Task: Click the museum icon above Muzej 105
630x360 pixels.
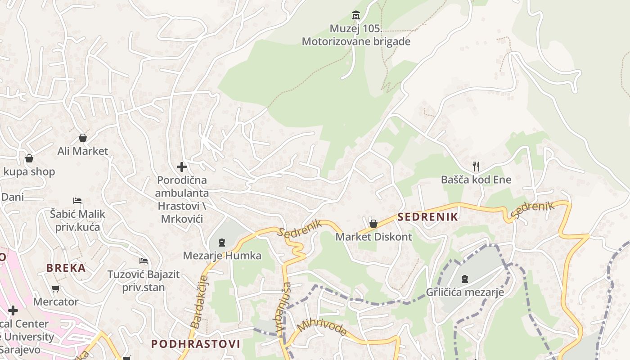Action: tap(356, 15)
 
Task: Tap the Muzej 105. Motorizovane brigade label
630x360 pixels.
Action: tap(356, 35)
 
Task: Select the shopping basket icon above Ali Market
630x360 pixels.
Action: tap(83, 138)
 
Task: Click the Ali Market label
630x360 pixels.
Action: tap(83, 151)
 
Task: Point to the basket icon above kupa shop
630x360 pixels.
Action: tap(29, 158)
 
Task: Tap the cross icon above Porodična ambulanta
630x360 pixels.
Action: tap(182, 167)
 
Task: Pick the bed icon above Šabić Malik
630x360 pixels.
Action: tap(77, 201)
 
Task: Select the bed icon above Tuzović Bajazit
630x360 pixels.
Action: tap(144, 261)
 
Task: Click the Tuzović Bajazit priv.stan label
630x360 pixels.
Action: tap(144, 280)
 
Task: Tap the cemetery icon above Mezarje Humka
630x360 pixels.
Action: tap(221, 243)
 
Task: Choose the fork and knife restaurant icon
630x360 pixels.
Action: tap(476, 166)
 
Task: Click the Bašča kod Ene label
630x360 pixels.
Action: tap(476, 180)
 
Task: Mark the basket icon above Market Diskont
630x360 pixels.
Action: tap(373, 224)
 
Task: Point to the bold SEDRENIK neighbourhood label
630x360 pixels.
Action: tap(427, 217)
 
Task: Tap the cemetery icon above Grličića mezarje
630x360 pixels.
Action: tap(465, 279)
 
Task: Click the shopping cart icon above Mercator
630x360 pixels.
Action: tap(56, 289)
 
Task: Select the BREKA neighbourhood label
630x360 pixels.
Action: tap(66, 268)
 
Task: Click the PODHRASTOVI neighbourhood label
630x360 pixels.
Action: tap(195, 344)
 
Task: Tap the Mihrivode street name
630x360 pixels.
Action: tap(322, 328)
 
